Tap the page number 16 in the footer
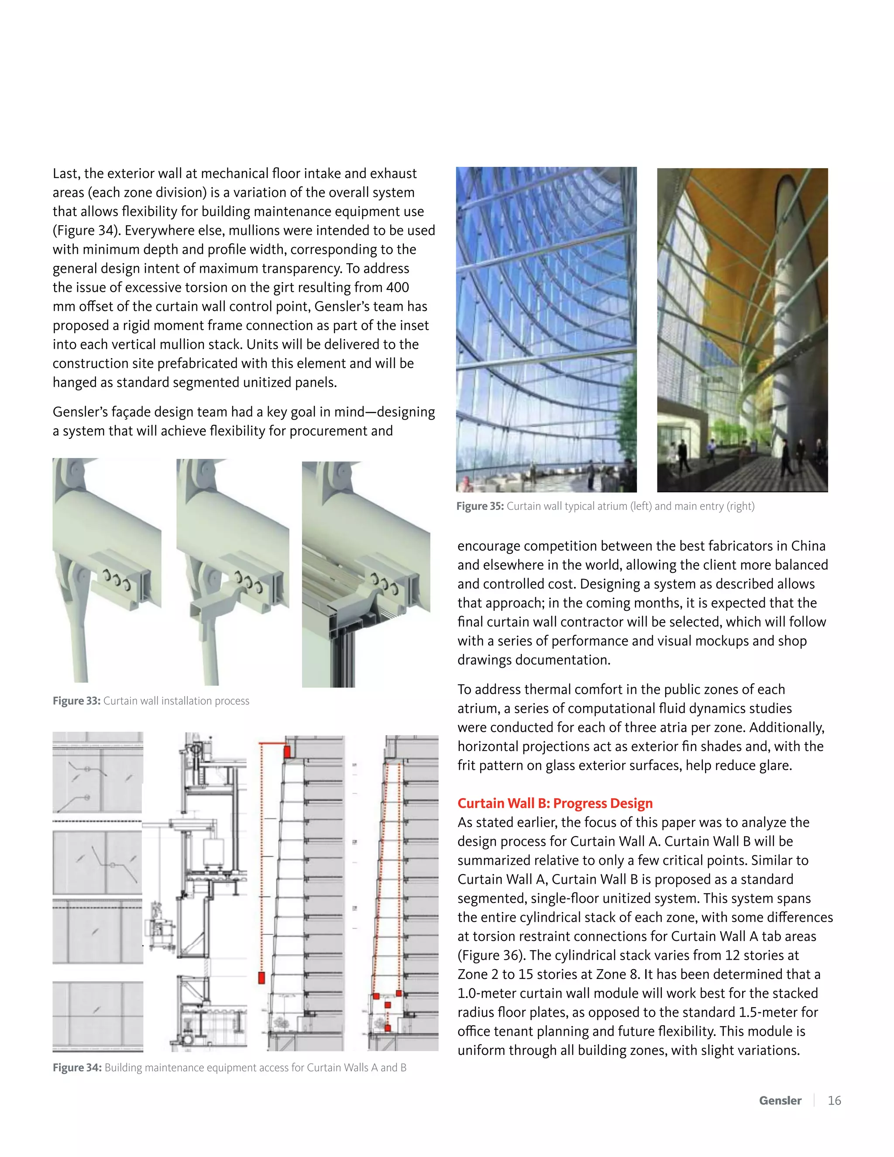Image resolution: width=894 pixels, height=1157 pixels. [834, 1100]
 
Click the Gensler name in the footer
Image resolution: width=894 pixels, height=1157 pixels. [780, 1100]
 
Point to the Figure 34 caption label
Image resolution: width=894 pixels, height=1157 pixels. [77, 1067]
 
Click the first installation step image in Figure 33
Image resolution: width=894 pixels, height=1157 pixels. [107, 569]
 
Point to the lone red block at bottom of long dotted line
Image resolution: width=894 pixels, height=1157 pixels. [261, 978]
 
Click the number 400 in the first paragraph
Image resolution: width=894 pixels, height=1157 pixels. [397, 287]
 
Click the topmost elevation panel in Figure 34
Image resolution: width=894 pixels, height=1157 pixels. [97, 772]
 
